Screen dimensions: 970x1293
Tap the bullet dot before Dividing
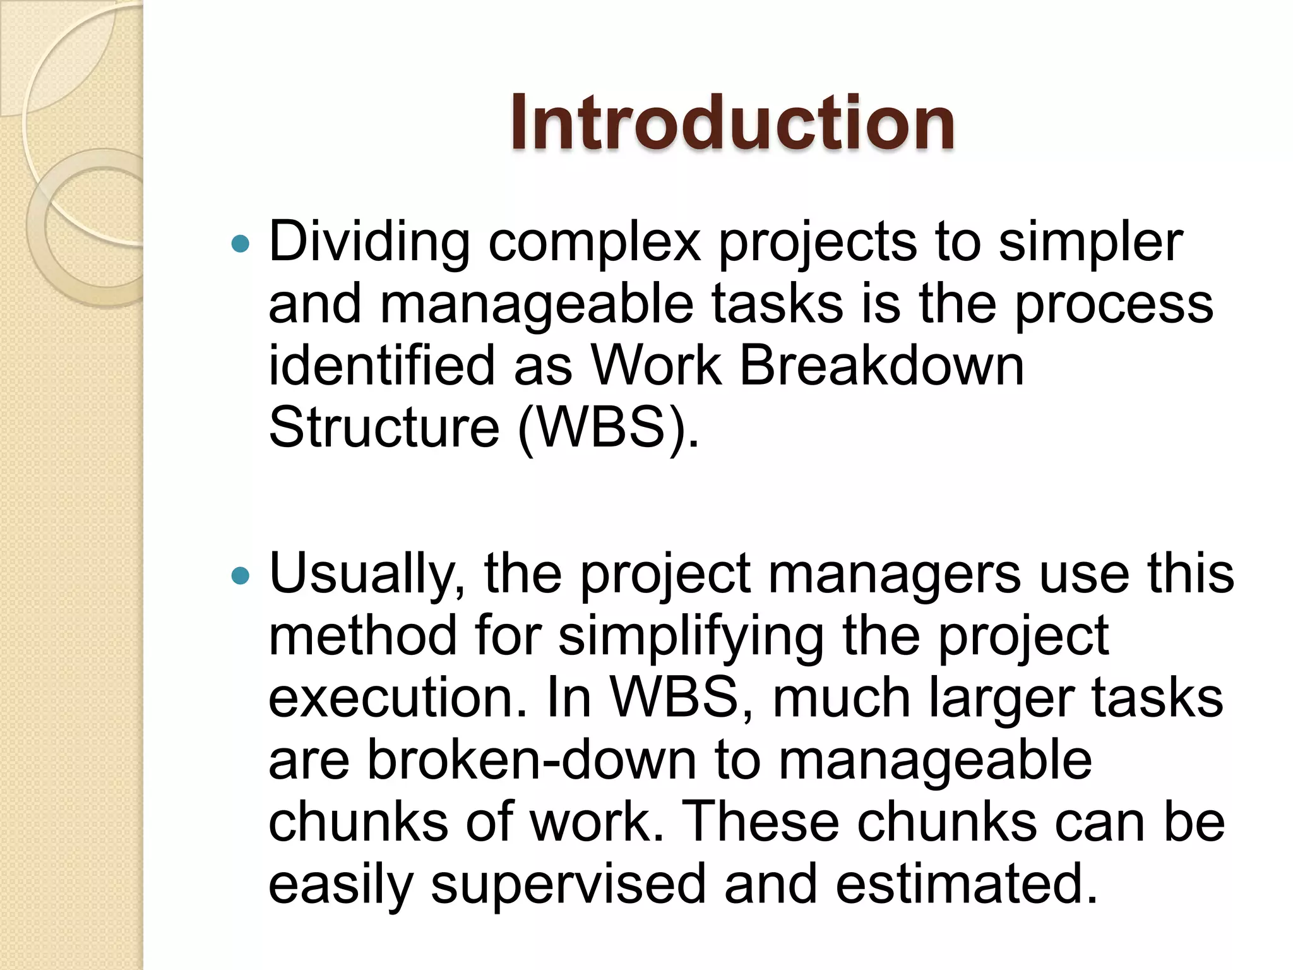pyautogui.click(x=241, y=244)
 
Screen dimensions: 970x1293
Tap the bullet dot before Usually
pyautogui.click(x=241, y=575)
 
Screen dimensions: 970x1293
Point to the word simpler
pyautogui.click(x=1090, y=243)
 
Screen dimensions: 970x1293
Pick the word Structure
pyautogui.click(x=384, y=428)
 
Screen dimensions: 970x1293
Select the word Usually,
pyautogui.click(x=367, y=575)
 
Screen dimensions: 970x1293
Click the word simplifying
pyautogui.click(x=691, y=637)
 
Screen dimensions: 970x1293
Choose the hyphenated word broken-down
pyautogui.click(x=532, y=760)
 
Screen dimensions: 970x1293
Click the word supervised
pyautogui.click(x=568, y=884)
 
